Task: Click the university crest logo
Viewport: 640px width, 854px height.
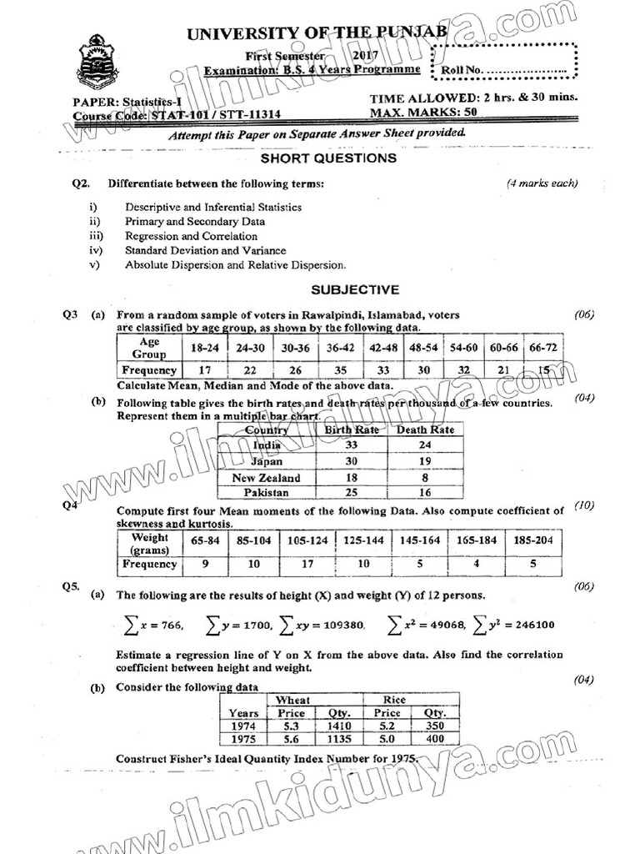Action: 98,62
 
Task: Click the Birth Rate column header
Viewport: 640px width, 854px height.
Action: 351,430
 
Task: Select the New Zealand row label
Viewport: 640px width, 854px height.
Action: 266,478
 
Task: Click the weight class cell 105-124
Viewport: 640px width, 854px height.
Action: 307,540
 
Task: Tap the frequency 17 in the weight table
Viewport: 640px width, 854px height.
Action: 307,564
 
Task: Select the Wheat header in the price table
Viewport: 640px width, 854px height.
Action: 292,700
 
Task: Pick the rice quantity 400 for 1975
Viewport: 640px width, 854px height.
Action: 434,739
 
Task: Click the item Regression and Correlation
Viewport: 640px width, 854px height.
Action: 191,236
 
